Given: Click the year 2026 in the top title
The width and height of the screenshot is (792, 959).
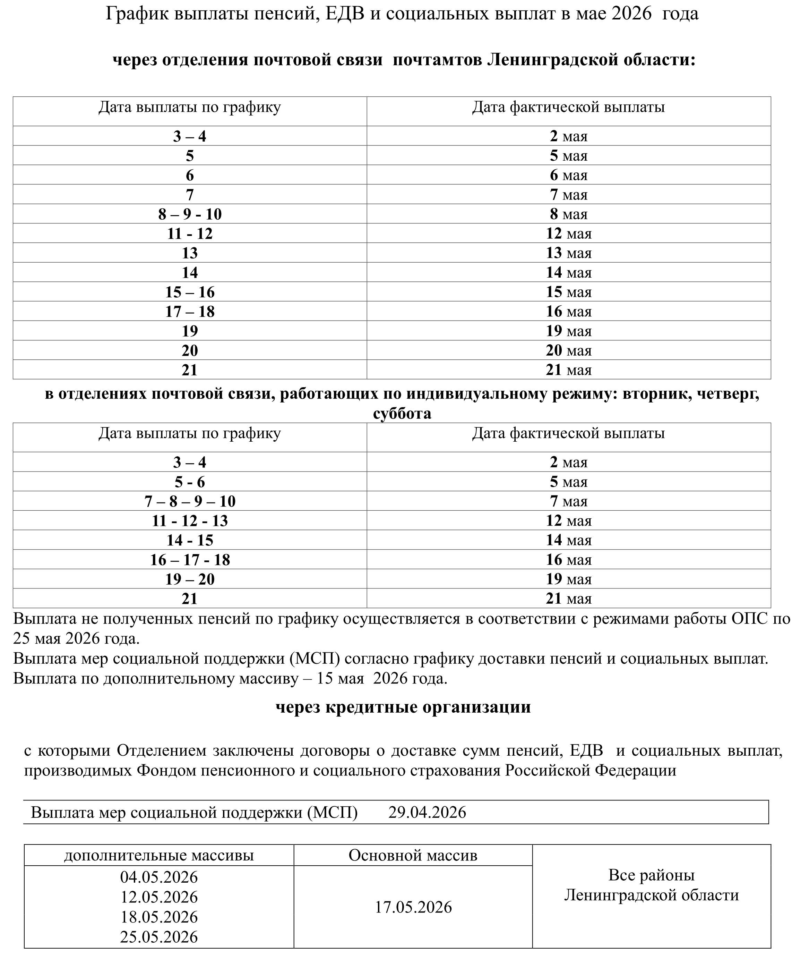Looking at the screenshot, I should (631, 14).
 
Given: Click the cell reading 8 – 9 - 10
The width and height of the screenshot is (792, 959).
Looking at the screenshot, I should (190, 214).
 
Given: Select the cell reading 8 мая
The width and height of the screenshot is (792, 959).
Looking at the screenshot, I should (568, 214).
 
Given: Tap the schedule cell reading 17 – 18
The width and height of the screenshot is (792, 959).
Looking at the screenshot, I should (190, 312).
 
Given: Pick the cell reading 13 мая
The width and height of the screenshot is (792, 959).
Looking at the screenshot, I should (568, 253).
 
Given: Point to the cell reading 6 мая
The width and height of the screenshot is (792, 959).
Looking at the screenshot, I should (568, 175).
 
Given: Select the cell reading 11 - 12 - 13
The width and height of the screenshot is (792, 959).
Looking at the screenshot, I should (190, 521).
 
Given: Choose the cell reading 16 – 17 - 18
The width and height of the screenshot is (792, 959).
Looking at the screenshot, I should (190, 560).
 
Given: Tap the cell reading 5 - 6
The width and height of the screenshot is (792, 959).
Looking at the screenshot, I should (190, 482).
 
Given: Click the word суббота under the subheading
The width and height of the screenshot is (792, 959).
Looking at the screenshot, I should (402, 414).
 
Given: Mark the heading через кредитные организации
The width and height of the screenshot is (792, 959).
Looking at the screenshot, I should (403, 707).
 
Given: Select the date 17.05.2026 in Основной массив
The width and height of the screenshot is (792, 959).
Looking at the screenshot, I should (413, 907).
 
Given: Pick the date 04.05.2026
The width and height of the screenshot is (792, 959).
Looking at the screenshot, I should (159, 877).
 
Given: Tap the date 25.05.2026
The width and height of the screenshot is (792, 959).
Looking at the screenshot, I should (159, 937).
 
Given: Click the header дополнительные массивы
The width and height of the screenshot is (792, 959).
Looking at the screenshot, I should (159, 855).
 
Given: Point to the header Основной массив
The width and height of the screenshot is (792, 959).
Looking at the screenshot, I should (413, 855).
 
